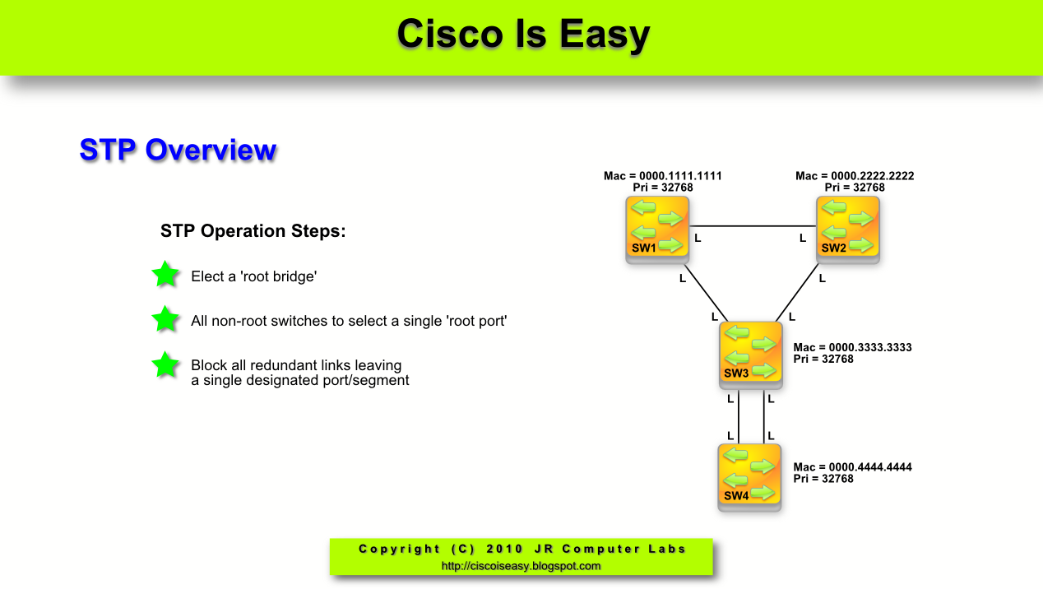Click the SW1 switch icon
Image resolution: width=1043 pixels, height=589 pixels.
[x=656, y=228]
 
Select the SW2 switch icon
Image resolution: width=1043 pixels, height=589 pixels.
[x=847, y=228]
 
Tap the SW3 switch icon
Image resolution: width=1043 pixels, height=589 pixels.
[x=750, y=353]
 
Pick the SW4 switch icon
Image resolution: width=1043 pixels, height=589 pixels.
[x=749, y=475]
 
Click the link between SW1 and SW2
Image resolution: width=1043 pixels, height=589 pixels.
[x=752, y=226]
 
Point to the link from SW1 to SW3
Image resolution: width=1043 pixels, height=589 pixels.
[x=705, y=292]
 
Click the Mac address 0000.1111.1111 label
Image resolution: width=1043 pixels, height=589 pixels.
[x=663, y=176]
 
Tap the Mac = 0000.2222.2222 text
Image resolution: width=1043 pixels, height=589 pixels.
[x=855, y=176]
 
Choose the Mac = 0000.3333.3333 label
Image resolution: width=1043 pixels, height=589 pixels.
[x=852, y=348]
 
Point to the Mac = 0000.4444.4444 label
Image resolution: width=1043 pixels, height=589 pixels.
[x=852, y=467]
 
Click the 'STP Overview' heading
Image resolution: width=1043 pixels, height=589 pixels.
[x=178, y=151]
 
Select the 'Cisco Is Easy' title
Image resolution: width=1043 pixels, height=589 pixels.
[x=523, y=35]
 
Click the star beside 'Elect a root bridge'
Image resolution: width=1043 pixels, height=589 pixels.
[x=165, y=275]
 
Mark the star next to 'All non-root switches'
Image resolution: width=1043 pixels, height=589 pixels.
[x=165, y=319]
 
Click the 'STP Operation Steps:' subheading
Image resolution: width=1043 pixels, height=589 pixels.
[x=253, y=231]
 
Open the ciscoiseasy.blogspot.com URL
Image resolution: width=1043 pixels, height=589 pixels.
[x=521, y=566]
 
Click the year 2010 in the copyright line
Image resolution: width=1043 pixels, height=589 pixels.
[x=504, y=549]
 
